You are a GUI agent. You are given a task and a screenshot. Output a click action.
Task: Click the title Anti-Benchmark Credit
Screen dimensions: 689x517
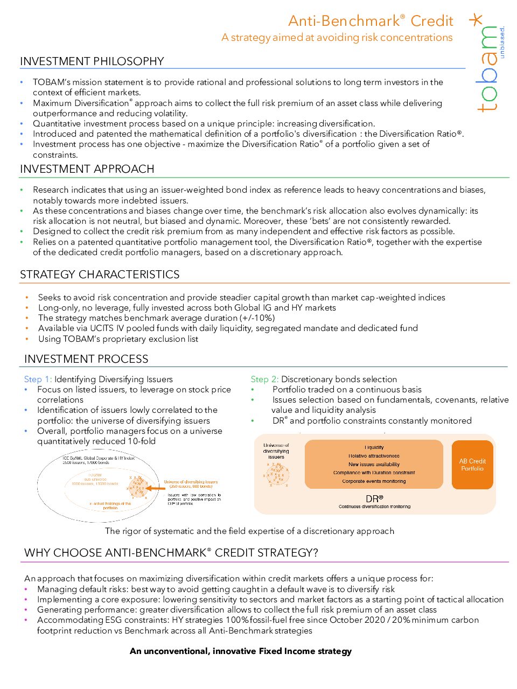click(x=371, y=21)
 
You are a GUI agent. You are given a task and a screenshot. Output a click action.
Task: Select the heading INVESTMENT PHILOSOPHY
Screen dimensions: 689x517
click(x=92, y=61)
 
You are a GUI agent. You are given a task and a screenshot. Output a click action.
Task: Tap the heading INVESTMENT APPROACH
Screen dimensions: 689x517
click(x=87, y=169)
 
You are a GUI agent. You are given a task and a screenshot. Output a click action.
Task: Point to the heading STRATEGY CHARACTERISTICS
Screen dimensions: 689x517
click(x=100, y=275)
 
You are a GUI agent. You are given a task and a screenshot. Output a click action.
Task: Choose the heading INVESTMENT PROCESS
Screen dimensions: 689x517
click(x=86, y=359)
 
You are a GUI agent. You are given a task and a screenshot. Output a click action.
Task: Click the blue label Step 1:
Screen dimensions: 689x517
click(x=38, y=379)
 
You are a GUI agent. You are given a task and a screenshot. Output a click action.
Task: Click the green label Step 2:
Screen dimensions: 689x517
click(x=264, y=379)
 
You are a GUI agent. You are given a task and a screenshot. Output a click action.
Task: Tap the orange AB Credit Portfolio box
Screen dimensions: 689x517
click(x=472, y=465)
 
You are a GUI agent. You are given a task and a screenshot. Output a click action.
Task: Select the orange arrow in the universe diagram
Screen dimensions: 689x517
click(x=156, y=488)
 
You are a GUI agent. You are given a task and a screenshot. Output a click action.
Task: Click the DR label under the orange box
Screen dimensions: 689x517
click(x=374, y=498)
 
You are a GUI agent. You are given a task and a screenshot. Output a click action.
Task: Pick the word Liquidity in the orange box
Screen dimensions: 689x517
click(x=374, y=447)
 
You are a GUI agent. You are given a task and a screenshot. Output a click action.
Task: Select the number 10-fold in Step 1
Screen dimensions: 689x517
click(x=142, y=441)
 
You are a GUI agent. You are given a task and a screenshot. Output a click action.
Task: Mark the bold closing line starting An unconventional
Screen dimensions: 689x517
click(x=241, y=651)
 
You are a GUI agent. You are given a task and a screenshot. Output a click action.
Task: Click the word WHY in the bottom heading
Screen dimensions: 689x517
click(x=37, y=553)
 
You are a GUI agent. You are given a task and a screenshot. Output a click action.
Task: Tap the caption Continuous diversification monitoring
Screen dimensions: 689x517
click(x=374, y=507)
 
